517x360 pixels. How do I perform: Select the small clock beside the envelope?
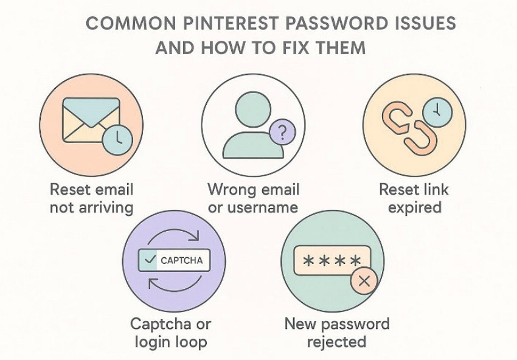tap(117, 139)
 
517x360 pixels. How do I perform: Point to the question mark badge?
tap(281, 131)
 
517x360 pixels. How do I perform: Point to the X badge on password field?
tap(364, 280)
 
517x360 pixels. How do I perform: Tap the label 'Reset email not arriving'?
tap(91, 198)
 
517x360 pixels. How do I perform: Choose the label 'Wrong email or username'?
tap(252, 198)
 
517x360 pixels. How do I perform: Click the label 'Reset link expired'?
tap(414, 198)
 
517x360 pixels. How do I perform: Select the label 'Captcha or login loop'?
tap(170, 332)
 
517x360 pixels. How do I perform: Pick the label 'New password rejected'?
tap(336, 332)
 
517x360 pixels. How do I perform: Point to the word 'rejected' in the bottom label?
tap(336, 341)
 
